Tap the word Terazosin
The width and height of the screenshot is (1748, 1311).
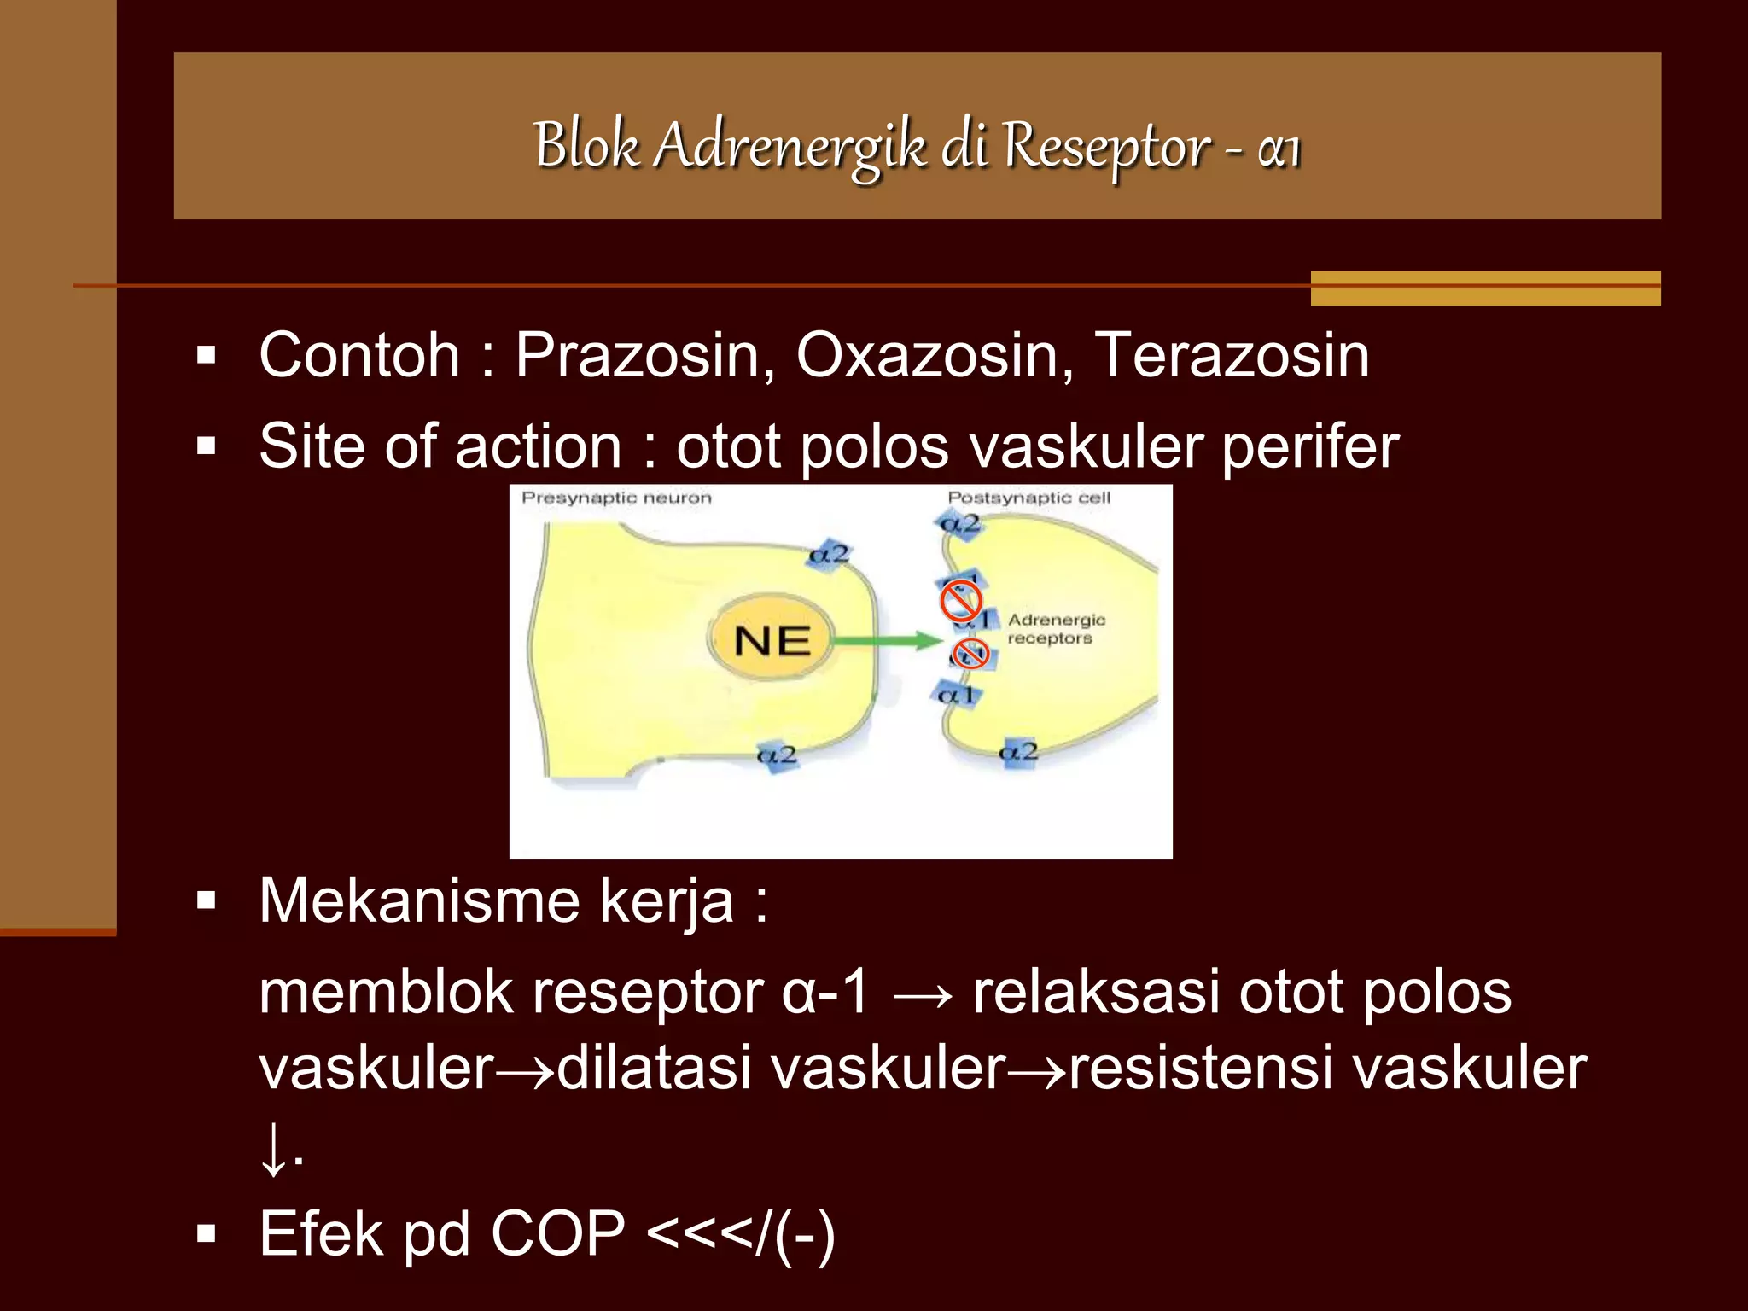click(x=1232, y=355)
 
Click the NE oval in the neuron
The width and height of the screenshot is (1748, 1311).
click(x=772, y=640)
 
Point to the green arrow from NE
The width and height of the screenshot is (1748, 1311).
click(x=888, y=640)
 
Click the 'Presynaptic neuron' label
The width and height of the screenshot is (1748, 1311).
click(x=616, y=498)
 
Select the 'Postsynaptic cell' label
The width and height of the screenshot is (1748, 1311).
click(x=1028, y=498)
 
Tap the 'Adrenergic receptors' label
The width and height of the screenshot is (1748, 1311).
click(x=1055, y=629)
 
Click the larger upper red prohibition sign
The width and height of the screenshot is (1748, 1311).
click(x=960, y=600)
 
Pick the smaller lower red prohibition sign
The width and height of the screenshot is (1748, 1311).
click(x=970, y=654)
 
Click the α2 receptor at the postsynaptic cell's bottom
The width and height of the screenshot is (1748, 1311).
click(x=1019, y=753)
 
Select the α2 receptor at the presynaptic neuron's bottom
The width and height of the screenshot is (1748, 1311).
click(x=778, y=755)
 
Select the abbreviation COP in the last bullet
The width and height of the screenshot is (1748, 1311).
click(x=557, y=1234)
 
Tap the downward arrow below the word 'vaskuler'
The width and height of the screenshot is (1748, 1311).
click(x=274, y=1149)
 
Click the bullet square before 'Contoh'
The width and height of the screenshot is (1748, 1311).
click(x=206, y=355)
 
